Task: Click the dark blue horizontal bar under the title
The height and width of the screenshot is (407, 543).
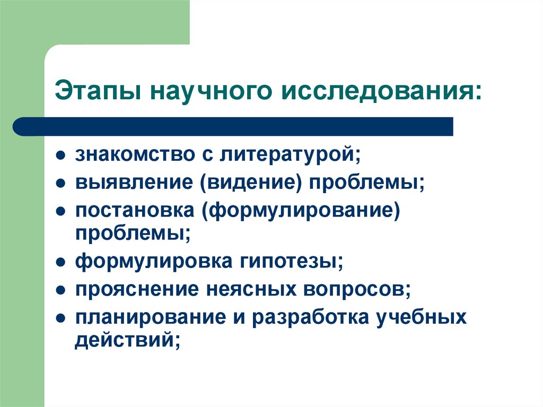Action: [233, 127]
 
